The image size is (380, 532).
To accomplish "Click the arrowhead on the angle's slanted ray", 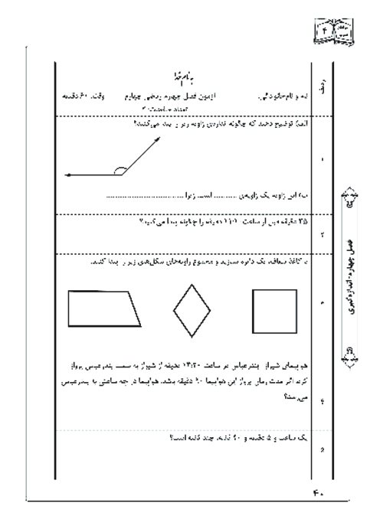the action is (x=160, y=139).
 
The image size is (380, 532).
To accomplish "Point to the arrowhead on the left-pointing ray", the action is (x=69, y=175).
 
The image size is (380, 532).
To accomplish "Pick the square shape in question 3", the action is (x=273, y=307).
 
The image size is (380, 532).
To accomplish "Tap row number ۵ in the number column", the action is (x=323, y=449).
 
